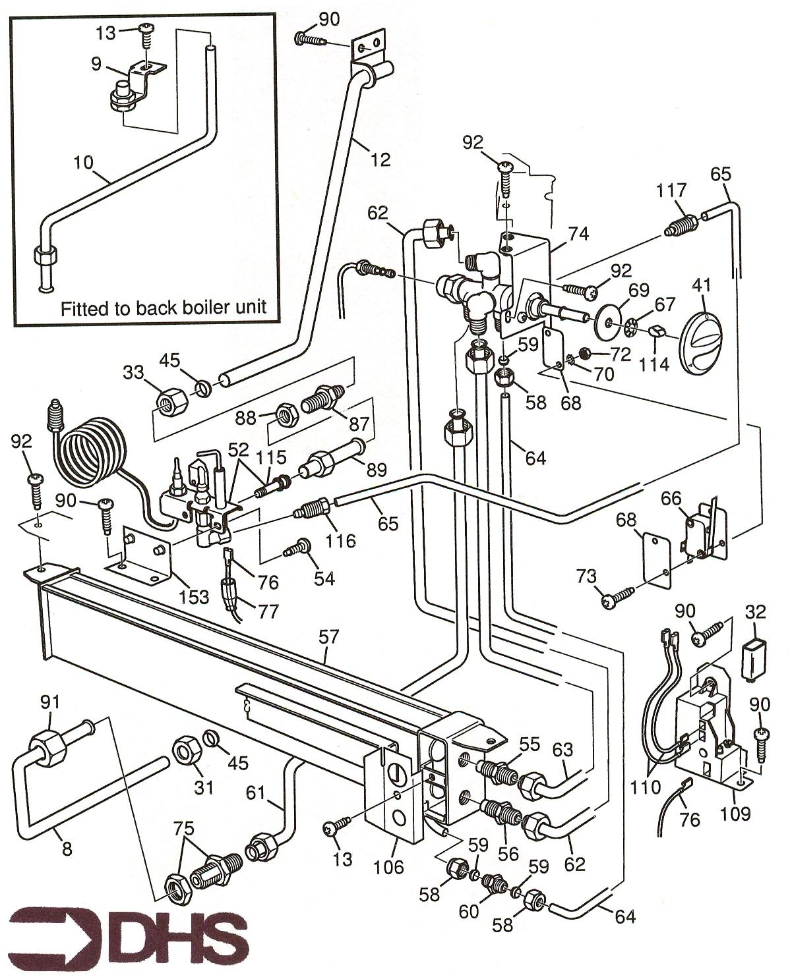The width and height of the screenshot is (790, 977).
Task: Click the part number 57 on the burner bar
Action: click(328, 637)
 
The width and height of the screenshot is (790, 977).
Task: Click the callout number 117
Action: click(671, 191)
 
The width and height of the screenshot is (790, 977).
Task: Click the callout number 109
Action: click(735, 813)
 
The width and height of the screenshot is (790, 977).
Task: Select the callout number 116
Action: click(341, 541)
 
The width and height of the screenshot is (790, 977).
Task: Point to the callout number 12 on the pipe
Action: click(380, 159)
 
